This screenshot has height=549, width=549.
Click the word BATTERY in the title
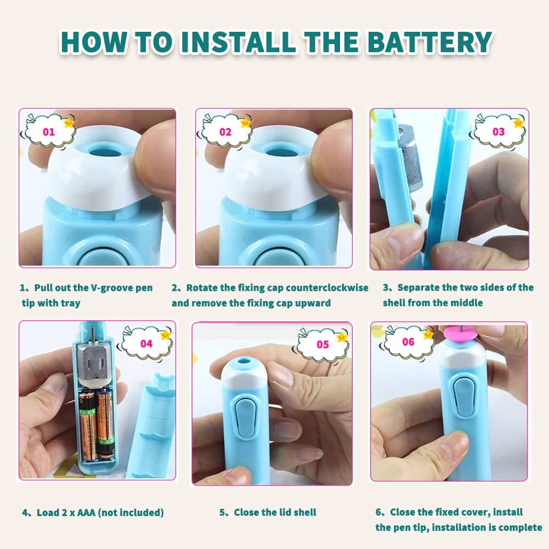[430, 42]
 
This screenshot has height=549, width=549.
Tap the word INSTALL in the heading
[237, 42]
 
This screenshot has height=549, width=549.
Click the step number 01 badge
[49, 132]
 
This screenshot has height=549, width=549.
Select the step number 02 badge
[226, 132]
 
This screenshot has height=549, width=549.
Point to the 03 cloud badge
[499, 132]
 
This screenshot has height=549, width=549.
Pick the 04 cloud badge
[147, 343]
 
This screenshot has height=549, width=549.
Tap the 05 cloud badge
[324, 344]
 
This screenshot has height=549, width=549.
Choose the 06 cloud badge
[409, 342]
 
